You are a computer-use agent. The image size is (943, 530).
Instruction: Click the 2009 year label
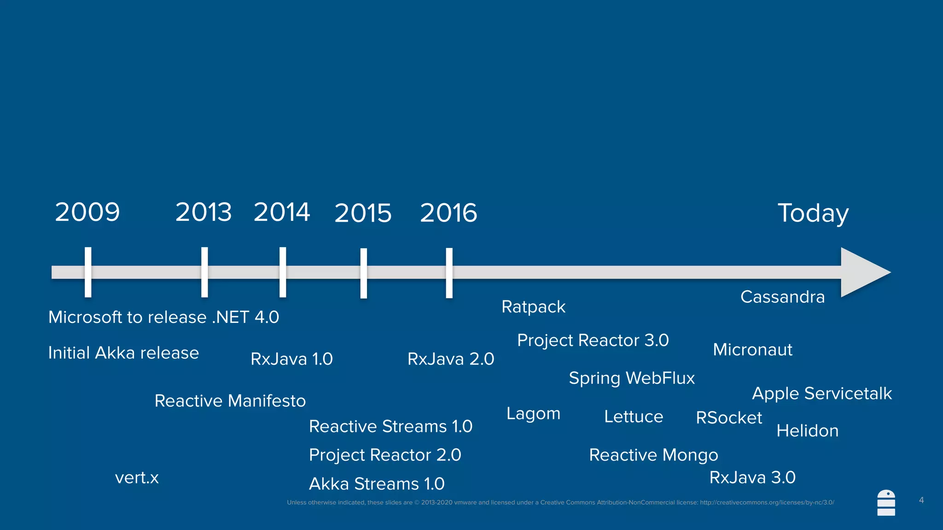tap(87, 212)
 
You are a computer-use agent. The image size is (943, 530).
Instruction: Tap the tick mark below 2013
tap(204, 272)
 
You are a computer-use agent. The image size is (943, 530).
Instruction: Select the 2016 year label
tap(448, 213)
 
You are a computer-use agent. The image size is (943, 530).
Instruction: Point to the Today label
tap(813, 213)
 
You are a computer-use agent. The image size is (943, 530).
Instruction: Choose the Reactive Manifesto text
tap(230, 401)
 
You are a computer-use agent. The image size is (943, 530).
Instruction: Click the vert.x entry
tap(137, 478)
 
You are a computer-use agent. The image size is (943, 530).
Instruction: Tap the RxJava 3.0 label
tap(752, 478)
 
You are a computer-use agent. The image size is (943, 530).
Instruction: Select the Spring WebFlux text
tap(632, 378)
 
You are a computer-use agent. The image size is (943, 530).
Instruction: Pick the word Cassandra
tap(782, 297)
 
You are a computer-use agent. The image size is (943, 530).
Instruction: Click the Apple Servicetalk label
tap(822, 394)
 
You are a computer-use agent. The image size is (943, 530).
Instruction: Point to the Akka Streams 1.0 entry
tap(377, 484)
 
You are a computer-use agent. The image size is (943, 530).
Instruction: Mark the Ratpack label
tap(533, 307)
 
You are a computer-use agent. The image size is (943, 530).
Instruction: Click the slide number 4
tap(921, 500)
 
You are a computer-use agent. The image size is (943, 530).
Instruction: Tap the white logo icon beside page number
tap(886, 503)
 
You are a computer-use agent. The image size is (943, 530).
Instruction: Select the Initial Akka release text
tap(123, 353)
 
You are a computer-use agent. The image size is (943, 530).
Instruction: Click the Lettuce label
tap(634, 417)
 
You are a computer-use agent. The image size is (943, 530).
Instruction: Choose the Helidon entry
tap(807, 431)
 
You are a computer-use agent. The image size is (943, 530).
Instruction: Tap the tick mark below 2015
tap(364, 273)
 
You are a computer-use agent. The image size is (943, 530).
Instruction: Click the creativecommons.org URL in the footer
tap(767, 502)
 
